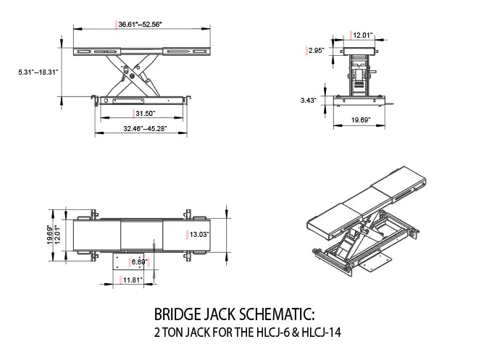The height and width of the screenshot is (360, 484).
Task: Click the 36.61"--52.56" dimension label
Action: pos(141,25)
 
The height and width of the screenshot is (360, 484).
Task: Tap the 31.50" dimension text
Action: pos(145,114)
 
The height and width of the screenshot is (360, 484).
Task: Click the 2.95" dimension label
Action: pos(315,51)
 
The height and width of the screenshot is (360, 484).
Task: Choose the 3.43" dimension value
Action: pos(308,101)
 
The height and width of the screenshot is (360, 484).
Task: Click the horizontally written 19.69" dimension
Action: pos(361,120)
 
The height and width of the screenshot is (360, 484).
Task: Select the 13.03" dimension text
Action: pos(199,234)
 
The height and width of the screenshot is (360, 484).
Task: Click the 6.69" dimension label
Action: pos(138,261)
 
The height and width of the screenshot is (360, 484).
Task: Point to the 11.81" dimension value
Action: pos(133,279)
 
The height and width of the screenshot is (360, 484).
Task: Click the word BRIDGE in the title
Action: pos(178,316)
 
